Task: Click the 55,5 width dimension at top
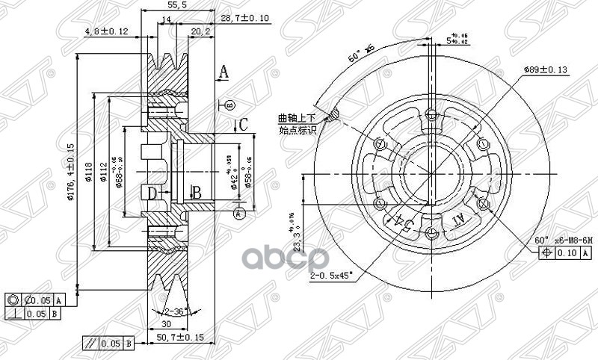point(177,6)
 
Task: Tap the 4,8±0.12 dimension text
point(106,31)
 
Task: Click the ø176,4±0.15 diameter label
point(71,170)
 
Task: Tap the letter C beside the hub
point(242,124)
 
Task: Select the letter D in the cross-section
point(152,194)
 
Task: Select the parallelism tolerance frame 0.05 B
point(108,344)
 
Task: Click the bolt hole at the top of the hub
point(431,114)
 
